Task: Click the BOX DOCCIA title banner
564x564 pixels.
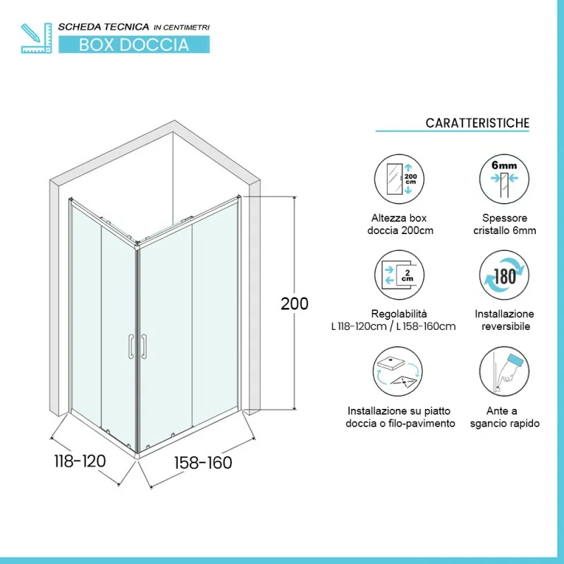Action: tap(134, 44)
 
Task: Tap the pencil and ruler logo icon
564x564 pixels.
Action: tap(37, 38)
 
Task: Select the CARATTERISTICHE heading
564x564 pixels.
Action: tap(477, 123)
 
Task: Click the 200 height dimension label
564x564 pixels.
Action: tap(294, 304)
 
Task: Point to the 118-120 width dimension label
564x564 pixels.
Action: tap(80, 461)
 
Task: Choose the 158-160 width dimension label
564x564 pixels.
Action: tap(203, 462)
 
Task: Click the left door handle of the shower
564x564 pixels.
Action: tap(131, 346)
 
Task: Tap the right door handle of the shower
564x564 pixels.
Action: tap(144, 346)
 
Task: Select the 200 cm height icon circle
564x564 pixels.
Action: tap(399, 179)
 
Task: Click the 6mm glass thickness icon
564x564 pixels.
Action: tap(504, 179)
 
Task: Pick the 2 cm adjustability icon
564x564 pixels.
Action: tap(399, 275)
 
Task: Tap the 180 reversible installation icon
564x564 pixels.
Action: tap(504, 275)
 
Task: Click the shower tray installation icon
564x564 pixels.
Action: tap(398, 372)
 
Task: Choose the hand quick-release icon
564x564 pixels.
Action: tap(504, 372)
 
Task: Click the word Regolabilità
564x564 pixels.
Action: tap(399, 314)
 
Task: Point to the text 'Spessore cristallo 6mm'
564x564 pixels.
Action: tap(505, 224)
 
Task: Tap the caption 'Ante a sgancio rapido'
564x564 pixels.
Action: tap(505, 417)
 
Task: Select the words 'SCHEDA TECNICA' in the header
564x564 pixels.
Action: tap(104, 27)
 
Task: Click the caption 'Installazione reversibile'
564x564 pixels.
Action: tap(505, 320)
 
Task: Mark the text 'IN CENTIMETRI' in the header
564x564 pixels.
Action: tap(182, 27)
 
